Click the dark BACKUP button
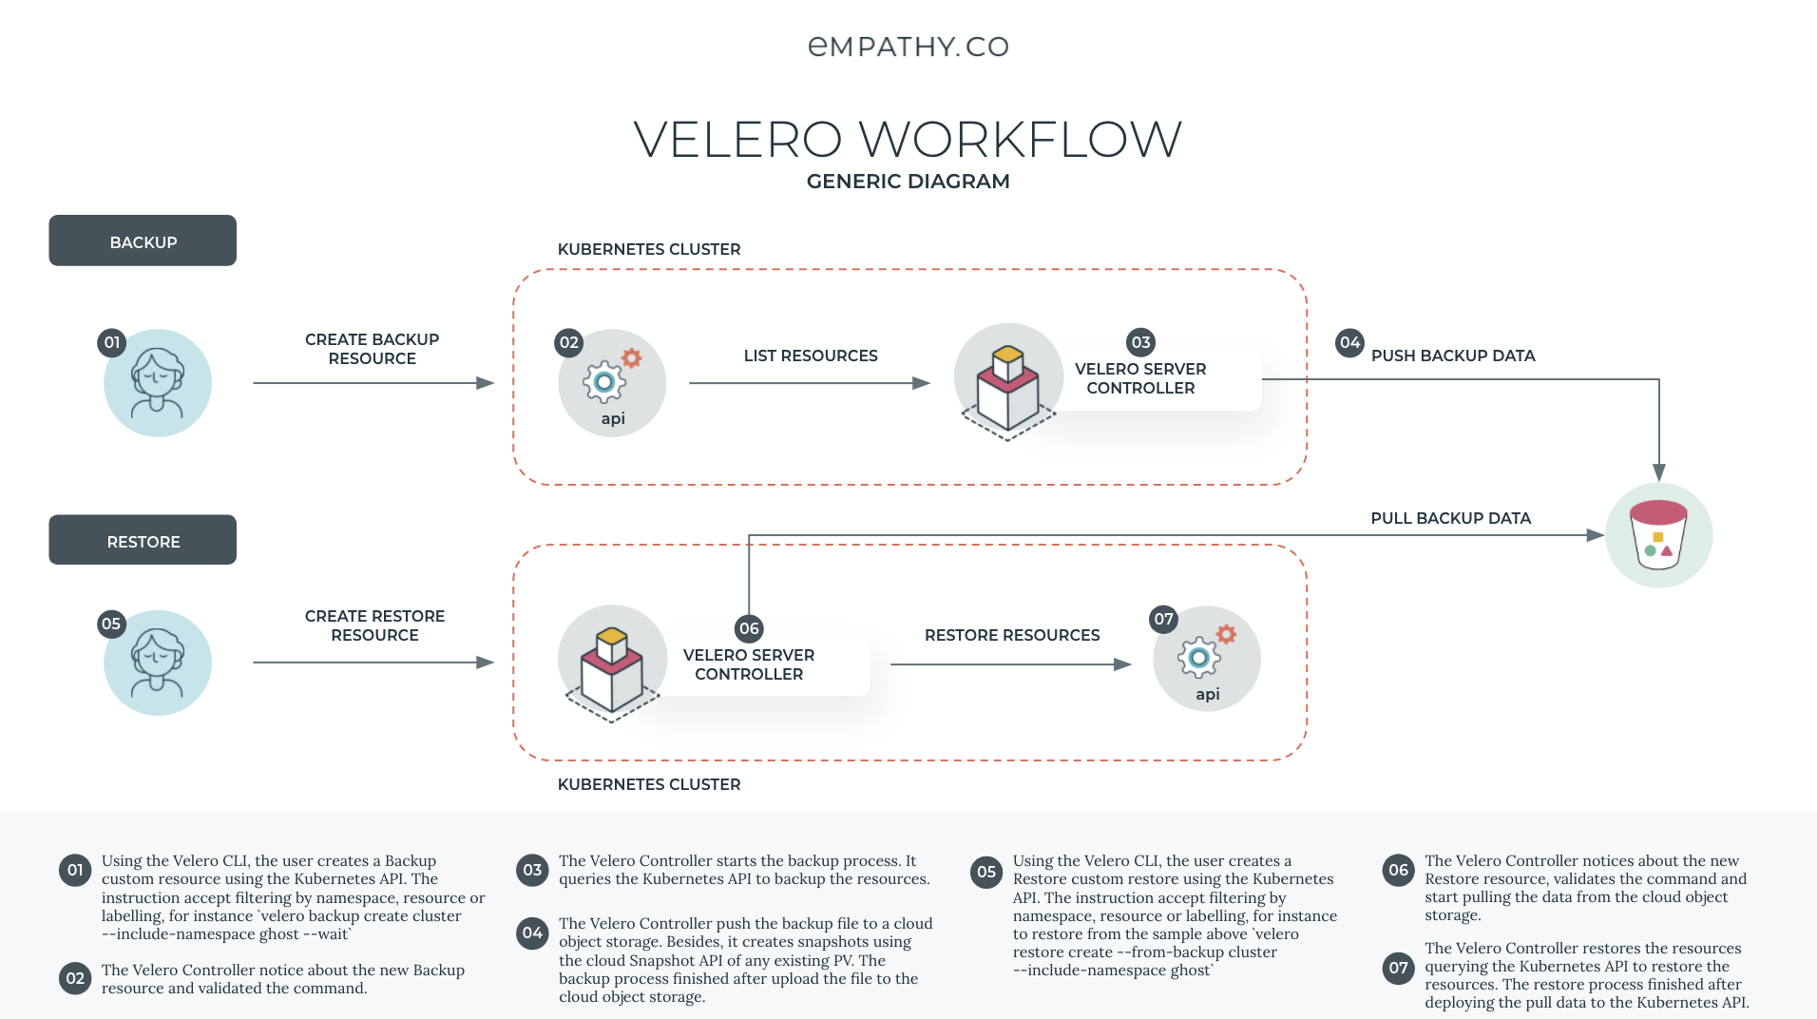click(x=143, y=240)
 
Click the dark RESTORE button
click(x=143, y=540)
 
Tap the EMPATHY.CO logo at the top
click(x=908, y=47)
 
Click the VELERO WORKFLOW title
click(x=908, y=140)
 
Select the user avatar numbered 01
click(x=158, y=383)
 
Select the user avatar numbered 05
click(x=158, y=663)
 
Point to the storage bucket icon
click(x=1658, y=535)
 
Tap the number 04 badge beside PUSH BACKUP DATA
click(x=1349, y=343)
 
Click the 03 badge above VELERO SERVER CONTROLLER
click(x=1140, y=342)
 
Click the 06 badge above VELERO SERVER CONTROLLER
click(x=749, y=628)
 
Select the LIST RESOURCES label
click(x=811, y=356)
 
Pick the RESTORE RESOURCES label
click(x=1012, y=635)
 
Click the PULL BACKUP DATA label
click(x=1450, y=518)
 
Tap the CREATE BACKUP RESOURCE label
click(x=373, y=349)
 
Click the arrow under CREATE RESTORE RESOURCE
click(x=373, y=663)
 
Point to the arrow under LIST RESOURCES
click(x=809, y=383)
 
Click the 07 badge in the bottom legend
click(x=1398, y=968)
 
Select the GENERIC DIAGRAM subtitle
click(x=908, y=182)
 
